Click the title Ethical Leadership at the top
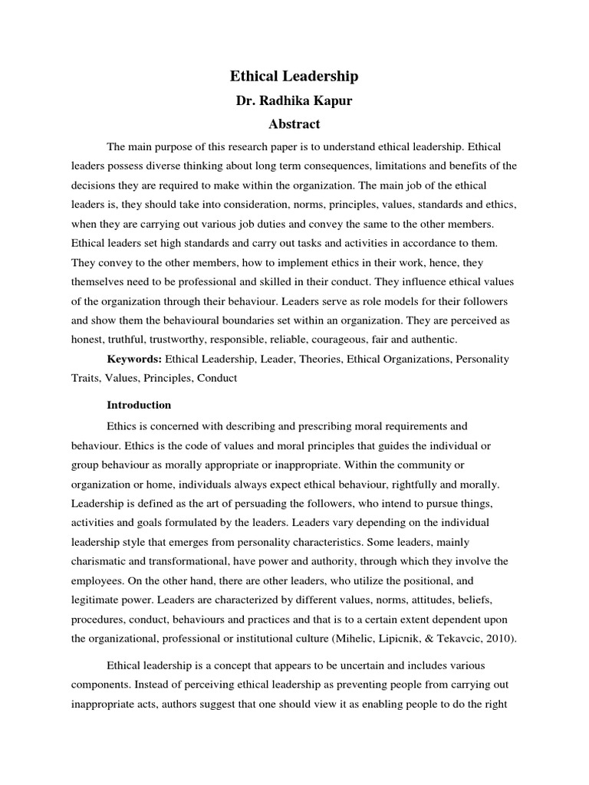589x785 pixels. point(294,77)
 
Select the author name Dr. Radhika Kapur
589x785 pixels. point(294,100)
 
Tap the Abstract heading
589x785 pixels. point(294,123)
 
